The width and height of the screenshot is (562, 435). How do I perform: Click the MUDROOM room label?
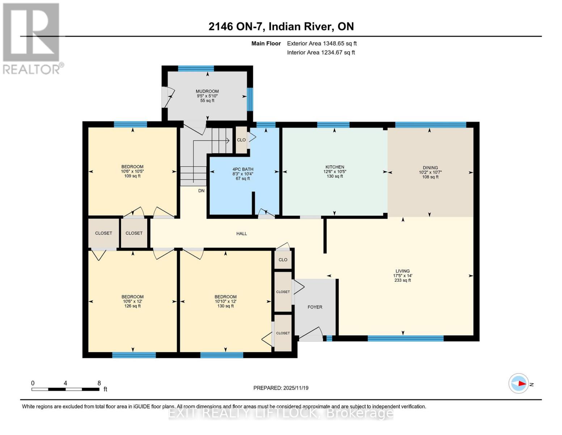207,92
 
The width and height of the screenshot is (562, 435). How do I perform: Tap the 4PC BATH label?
243,169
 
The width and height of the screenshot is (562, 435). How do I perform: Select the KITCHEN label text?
334,167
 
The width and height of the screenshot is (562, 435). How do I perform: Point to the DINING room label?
430,168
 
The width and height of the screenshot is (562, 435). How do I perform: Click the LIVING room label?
402,271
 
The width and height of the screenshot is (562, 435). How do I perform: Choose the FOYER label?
315,307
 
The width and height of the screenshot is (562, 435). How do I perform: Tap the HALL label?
241,234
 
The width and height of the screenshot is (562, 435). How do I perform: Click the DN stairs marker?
201,191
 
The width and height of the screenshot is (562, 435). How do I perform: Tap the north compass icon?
519,383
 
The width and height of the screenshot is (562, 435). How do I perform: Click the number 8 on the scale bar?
99,383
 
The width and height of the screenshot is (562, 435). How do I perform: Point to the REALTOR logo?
32,38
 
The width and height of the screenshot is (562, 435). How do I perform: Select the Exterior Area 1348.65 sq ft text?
322,43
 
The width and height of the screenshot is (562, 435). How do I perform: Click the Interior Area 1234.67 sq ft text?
321,53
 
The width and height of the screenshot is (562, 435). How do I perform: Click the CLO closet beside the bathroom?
241,140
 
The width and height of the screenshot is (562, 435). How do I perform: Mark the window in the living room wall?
405,339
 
